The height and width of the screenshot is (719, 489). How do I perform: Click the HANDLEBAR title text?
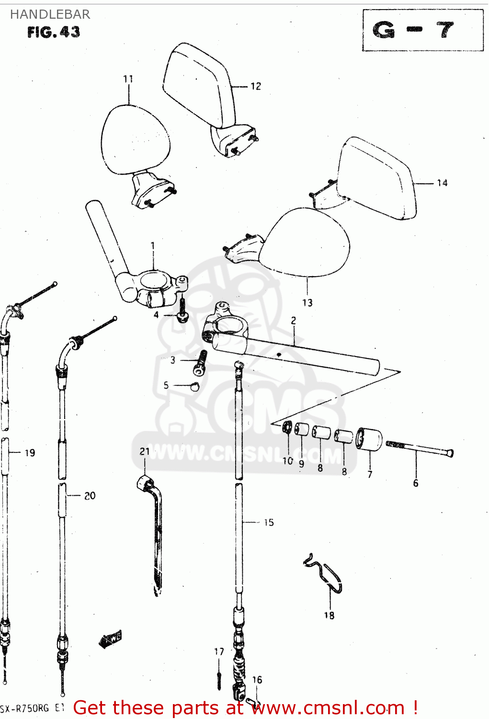pyautogui.click(x=50, y=14)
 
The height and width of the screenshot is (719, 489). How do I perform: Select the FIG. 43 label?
pyautogui.click(x=53, y=32)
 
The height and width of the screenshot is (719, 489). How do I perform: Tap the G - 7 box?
pyautogui.click(x=422, y=30)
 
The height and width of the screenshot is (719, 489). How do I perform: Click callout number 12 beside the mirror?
pyautogui.click(x=256, y=86)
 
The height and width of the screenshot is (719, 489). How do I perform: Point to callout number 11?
pyautogui.click(x=128, y=79)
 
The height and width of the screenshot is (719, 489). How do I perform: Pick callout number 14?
pyautogui.click(x=442, y=183)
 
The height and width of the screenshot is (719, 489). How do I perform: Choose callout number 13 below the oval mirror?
pyautogui.click(x=307, y=303)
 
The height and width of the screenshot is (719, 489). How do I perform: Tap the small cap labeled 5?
pyautogui.click(x=194, y=386)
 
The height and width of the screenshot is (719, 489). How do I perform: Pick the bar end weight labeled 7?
pyautogui.click(x=370, y=439)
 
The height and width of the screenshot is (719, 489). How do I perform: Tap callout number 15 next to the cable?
pyautogui.click(x=269, y=522)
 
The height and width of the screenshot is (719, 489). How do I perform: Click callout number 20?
pyautogui.click(x=90, y=496)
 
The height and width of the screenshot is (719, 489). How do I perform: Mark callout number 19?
pyautogui.click(x=30, y=452)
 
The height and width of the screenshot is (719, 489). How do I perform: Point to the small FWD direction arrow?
pyautogui.click(x=110, y=639)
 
